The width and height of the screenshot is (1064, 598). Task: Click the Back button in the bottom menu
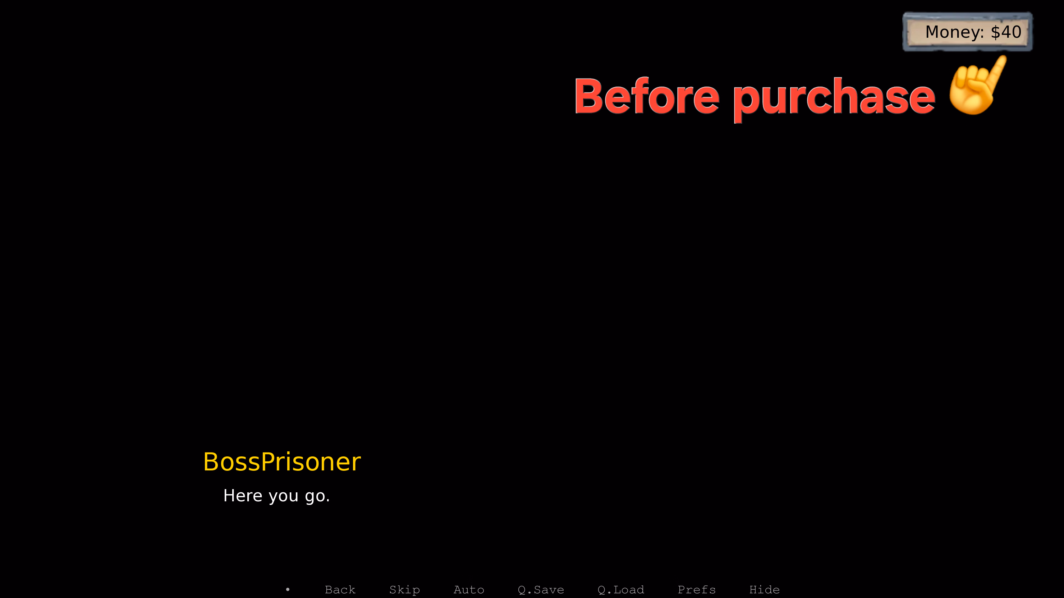click(x=340, y=589)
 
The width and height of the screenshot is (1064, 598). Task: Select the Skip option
click(x=404, y=590)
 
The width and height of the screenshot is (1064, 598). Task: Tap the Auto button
click(x=469, y=589)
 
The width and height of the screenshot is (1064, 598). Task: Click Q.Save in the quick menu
click(x=541, y=590)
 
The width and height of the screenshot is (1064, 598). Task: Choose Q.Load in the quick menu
click(x=621, y=590)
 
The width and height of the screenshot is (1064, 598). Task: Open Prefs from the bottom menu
click(x=696, y=589)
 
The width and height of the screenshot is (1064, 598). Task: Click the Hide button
click(x=765, y=589)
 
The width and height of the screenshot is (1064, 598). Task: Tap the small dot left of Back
click(x=288, y=589)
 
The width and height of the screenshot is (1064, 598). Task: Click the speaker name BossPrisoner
click(x=282, y=461)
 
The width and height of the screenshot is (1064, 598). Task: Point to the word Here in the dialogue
click(x=243, y=495)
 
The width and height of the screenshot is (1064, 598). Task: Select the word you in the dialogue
click(x=283, y=497)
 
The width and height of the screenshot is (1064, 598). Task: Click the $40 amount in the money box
click(x=1006, y=32)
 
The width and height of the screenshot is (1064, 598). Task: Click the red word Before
click(x=647, y=96)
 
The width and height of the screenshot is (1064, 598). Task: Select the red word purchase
click(x=834, y=99)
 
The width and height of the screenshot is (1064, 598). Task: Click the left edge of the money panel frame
click(x=904, y=32)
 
